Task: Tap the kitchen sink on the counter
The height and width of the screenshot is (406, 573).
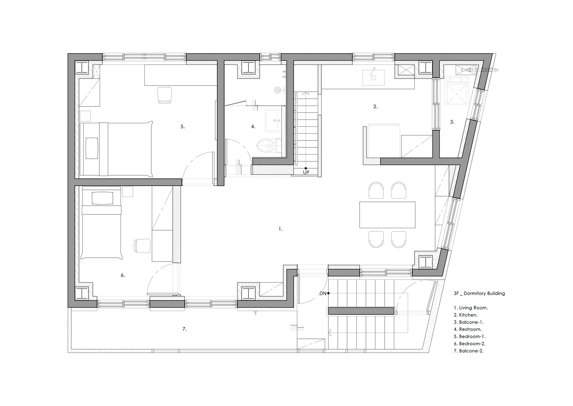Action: click(373, 77)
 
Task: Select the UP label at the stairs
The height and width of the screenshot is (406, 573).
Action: click(306, 173)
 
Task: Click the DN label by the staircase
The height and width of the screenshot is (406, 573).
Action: click(323, 294)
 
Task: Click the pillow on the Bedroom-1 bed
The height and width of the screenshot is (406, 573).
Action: click(92, 148)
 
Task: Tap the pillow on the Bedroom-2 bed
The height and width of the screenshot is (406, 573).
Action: click(103, 198)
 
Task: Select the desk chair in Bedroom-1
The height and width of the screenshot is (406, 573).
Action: click(164, 95)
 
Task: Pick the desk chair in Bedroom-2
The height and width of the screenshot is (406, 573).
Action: click(142, 246)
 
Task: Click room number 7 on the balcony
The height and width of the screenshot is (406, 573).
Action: click(184, 329)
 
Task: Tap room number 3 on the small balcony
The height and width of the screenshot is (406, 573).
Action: click(452, 122)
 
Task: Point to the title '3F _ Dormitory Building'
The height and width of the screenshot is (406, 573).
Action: click(479, 293)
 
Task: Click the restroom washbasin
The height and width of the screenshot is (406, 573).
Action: click(272, 120)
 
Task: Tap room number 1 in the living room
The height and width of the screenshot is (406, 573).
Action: click(281, 229)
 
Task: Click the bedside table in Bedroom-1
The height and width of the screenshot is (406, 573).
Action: click(85, 116)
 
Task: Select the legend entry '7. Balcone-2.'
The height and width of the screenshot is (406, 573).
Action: click(469, 351)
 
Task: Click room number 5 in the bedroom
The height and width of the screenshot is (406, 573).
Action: click(183, 126)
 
